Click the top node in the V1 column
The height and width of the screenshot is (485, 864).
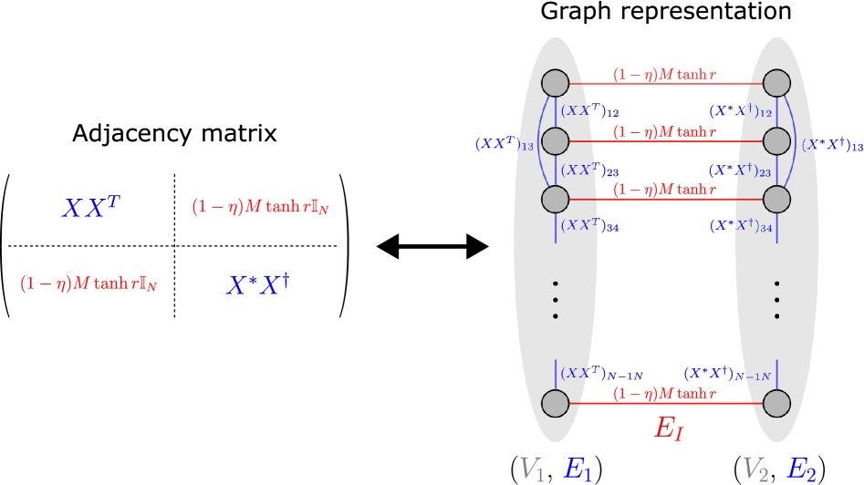point(555,83)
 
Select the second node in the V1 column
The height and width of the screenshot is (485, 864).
point(555,141)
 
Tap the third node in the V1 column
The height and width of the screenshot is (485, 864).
point(555,199)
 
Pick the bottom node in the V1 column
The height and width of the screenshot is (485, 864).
point(555,402)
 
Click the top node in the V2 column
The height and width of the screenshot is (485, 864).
point(776,83)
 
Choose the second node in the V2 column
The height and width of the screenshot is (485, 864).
point(776,141)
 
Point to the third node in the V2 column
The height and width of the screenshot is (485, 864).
point(776,199)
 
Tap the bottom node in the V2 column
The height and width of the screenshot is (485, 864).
point(776,402)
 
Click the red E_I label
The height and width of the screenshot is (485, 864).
point(668,429)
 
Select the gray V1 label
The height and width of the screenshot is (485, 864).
point(532,469)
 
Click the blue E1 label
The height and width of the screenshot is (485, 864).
point(578,469)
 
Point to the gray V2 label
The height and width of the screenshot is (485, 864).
point(755,469)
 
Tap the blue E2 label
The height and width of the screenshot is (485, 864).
point(801,469)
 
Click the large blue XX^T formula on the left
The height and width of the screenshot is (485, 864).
point(91,206)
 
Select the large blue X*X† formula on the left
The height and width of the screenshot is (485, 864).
point(258,284)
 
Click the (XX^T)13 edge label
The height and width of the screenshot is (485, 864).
point(504,144)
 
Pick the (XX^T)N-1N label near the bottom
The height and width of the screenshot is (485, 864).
point(602,374)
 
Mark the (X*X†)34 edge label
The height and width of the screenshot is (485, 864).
point(741,225)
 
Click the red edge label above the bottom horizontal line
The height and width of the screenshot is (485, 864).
point(663,394)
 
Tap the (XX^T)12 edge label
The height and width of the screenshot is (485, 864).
point(589,111)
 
